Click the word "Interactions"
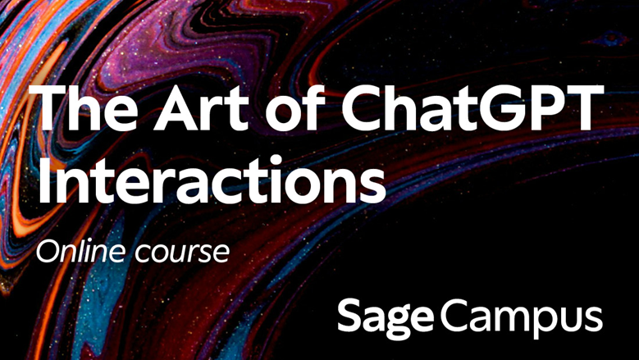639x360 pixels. (210, 179)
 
